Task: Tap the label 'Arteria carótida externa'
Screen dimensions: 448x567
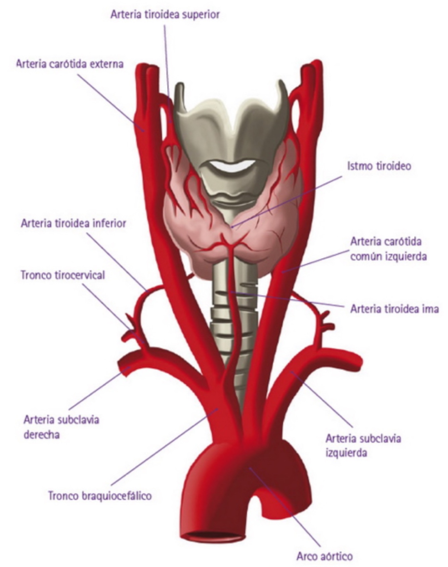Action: coord(70,64)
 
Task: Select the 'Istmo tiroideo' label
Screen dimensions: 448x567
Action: coord(379,166)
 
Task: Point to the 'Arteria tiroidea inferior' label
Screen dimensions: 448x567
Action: coord(74,223)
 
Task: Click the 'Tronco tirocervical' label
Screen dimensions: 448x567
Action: coord(63,275)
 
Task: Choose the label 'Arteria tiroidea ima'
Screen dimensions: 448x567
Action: coord(395,309)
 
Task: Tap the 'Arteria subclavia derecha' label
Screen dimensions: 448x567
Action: coord(61,427)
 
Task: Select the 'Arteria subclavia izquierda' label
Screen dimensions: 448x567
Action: coord(363,446)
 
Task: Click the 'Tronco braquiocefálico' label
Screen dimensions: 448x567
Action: coord(100,496)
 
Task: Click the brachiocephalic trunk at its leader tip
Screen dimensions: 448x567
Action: coord(218,408)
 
